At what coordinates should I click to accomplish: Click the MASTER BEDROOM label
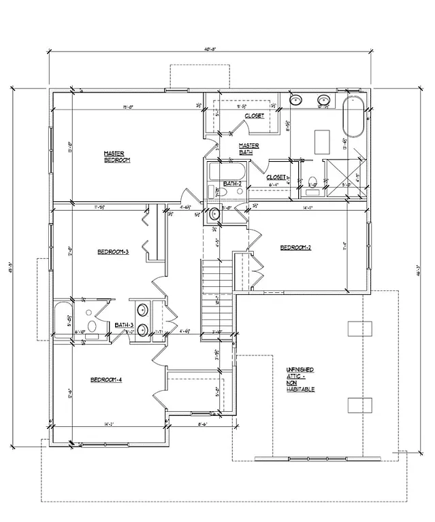click(116, 156)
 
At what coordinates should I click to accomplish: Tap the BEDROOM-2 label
click(295, 247)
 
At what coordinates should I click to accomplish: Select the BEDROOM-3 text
click(113, 251)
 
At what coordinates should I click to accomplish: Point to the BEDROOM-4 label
click(106, 380)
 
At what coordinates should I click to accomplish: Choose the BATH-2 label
click(233, 184)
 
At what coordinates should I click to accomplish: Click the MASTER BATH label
click(248, 149)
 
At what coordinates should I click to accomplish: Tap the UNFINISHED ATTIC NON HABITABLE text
click(300, 379)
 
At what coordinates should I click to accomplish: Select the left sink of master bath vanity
click(296, 101)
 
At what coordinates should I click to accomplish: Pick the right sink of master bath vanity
click(323, 101)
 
